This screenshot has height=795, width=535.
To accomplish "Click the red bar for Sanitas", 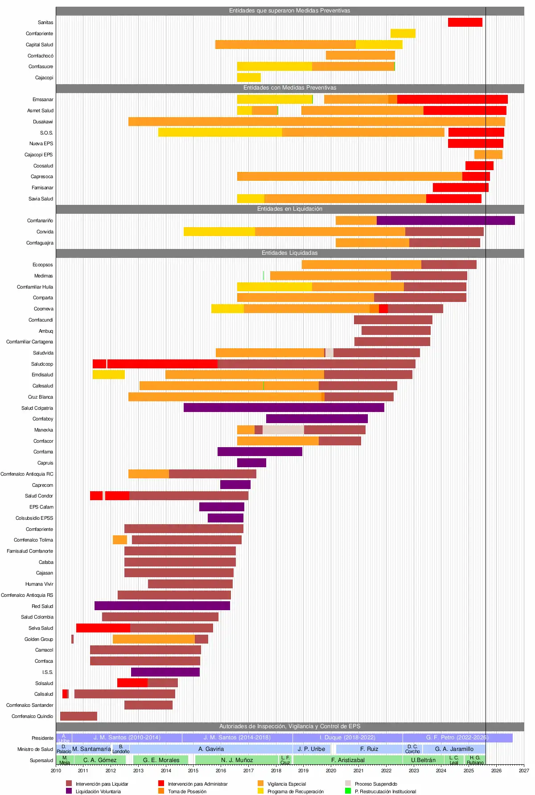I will click(465, 22).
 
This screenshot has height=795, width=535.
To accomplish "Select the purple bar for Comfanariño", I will click(445, 220).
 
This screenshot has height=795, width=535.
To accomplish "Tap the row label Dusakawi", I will click(43, 122).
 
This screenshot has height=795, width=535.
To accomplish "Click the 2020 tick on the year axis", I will click(331, 771).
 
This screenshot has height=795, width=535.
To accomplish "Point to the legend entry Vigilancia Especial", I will click(287, 784).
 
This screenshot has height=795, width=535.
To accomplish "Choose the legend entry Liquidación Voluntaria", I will click(98, 791).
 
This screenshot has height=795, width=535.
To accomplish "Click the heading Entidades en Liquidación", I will click(290, 209).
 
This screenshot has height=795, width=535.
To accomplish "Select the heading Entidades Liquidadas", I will click(290, 253).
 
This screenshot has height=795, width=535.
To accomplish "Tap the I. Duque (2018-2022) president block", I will click(347, 738).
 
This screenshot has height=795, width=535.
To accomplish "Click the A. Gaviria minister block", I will click(211, 749).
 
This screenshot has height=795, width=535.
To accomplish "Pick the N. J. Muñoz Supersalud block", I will click(237, 760).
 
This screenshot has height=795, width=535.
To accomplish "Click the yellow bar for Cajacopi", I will click(249, 77).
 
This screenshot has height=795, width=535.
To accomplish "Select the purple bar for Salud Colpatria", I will click(284, 408).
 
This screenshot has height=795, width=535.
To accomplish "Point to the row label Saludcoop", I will click(42, 364).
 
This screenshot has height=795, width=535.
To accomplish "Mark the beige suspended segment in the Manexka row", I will click(283, 430).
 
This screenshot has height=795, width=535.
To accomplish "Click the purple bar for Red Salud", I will click(162, 606).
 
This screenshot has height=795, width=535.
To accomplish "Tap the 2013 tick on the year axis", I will click(138, 771).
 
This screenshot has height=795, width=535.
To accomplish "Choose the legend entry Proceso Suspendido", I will click(376, 784).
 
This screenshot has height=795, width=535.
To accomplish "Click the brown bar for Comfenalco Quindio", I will click(78, 716).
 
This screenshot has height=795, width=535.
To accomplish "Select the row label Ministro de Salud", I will click(35, 749).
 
